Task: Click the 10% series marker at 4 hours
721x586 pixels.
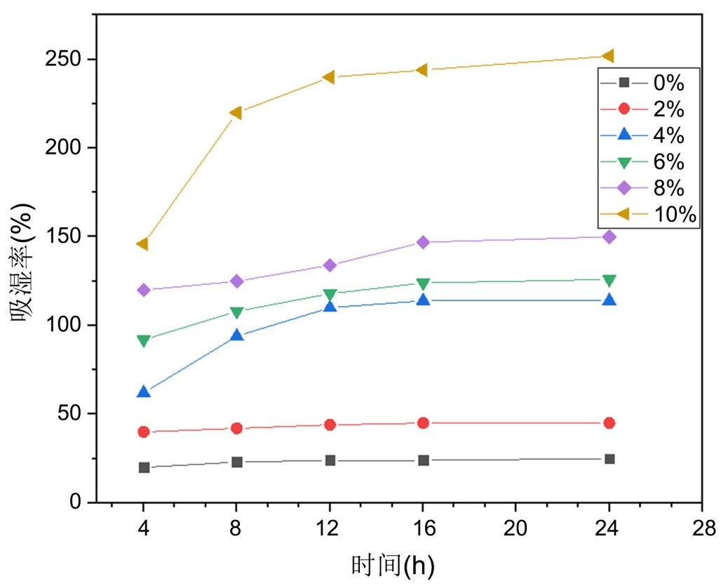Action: (x=143, y=244)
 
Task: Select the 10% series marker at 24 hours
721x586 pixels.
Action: (x=608, y=56)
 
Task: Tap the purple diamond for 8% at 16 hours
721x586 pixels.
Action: (x=423, y=242)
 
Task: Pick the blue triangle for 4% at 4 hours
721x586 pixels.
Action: (x=144, y=392)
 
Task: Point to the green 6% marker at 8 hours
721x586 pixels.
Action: (x=237, y=312)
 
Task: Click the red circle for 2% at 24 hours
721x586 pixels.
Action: (x=609, y=423)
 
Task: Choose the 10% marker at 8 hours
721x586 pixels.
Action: (x=236, y=112)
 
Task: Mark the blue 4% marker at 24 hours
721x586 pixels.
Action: (x=609, y=300)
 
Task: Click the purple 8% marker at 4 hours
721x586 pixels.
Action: (x=144, y=290)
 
